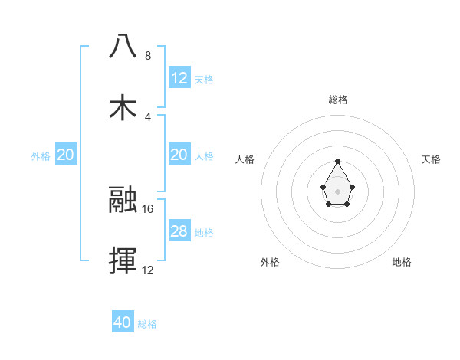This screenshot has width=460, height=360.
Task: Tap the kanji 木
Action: pos(123,107)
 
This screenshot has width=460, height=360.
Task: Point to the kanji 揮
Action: pos(123,261)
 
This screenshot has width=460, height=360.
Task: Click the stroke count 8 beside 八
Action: pos(148,56)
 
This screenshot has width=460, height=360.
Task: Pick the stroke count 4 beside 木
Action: pos(148,117)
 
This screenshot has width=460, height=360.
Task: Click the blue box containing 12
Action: pos(179,78)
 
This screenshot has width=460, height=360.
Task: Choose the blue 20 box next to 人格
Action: pos(179,155)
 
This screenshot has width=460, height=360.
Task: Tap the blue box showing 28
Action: pos(179,231)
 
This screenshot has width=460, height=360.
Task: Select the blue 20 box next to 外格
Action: pos(66,155)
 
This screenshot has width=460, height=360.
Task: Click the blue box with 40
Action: pos(123,322)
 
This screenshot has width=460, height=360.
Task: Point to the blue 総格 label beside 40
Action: pos(147,324)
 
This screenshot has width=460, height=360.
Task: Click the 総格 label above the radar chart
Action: pos(338,100)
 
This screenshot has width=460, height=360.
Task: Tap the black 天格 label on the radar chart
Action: pos(431,159)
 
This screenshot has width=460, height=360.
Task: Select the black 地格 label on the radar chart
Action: pos(402,262)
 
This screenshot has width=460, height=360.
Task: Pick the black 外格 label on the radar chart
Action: pos(270,262)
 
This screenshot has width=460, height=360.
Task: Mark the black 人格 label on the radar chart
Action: pos(245,159)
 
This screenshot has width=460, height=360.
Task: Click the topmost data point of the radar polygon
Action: pos(338,161)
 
